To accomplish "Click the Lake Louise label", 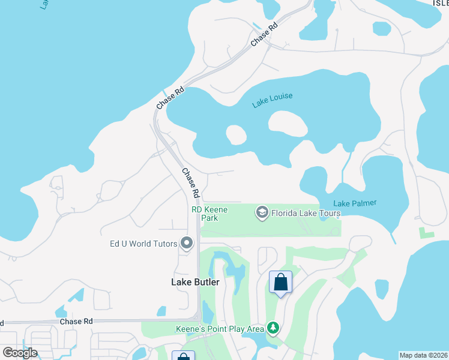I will (273, 100).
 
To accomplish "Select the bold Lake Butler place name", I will (195, 282).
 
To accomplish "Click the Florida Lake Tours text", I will (306, 213).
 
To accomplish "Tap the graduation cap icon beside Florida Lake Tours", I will (262, 212).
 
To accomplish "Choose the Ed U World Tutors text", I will (143, 244).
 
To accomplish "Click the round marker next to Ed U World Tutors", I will (187, 243).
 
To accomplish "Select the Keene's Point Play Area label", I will (220, 329).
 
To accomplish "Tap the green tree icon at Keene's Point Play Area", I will (273, 328).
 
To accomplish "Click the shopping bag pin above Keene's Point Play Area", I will (280, 283).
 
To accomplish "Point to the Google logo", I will (20, 352).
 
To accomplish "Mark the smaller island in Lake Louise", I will (236, 134).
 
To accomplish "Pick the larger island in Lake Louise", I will (287, 122).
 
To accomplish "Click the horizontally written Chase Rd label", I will (76, 322).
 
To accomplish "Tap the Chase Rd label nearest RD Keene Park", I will (190, 183).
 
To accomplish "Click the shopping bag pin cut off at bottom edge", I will (183, 356).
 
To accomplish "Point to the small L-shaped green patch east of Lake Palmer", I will (426, 232).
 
